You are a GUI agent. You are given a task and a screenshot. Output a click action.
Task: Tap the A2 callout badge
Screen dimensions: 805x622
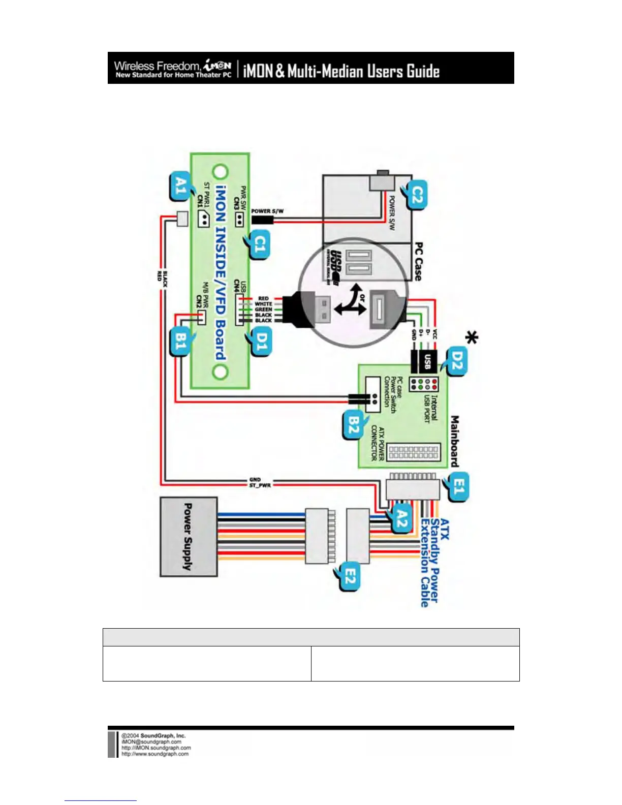click(401, 520)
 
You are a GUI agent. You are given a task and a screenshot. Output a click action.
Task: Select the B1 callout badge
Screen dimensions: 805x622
click(180, 342)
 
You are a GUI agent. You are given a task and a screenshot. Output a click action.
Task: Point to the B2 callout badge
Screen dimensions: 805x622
click(353, 426)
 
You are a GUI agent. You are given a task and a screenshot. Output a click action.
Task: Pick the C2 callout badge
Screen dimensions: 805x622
click(417, 194)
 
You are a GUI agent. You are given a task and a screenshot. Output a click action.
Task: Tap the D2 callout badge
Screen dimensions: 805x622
click(456, 361)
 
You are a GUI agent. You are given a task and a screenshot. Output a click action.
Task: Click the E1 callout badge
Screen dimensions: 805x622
click(458, 487)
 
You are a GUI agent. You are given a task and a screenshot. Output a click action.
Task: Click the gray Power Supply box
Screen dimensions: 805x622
click(189, 537)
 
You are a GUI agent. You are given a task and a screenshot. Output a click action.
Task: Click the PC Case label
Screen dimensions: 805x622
click(418, 261)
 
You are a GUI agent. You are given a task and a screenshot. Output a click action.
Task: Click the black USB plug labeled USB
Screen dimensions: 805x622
click(426, 360)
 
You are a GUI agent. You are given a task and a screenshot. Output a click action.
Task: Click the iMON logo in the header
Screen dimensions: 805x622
click(217, 66)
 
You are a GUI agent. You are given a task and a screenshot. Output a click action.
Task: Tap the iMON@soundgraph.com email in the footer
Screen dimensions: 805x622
click(151, 741)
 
